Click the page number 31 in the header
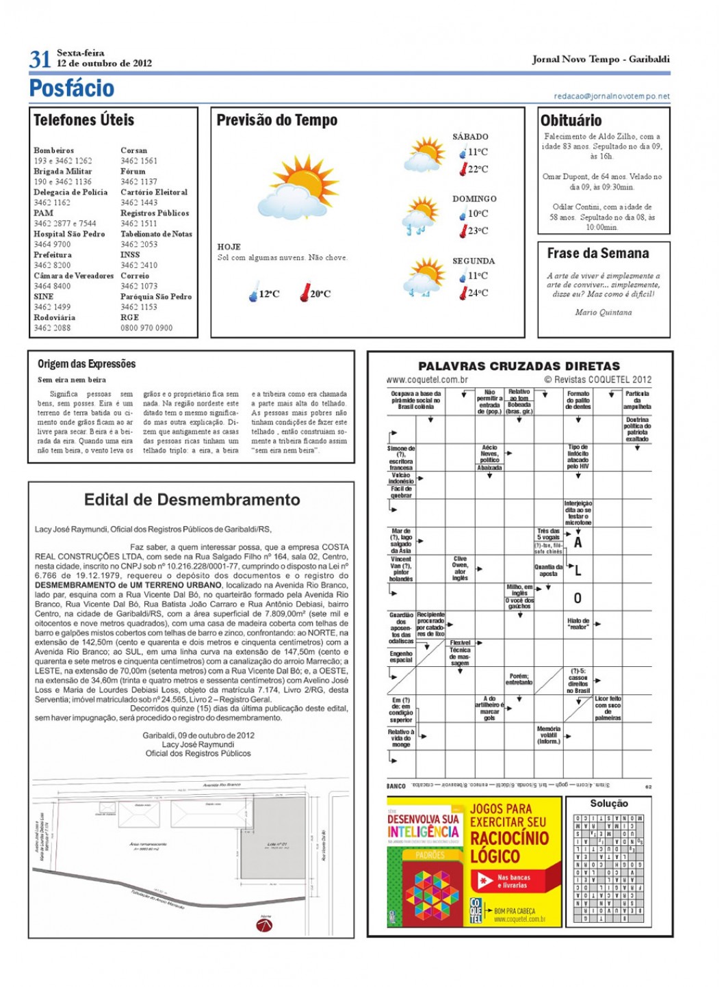(x=40, y=60)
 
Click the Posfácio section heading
(x=72, y=88)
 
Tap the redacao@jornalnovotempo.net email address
(x=612, y=96)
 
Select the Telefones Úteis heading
(x=84, y=120)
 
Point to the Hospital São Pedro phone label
(x=69, y=234)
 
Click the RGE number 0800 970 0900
(x=146, y=328)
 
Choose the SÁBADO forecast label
(x=470, y=137)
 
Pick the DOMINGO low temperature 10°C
(x=477, y=214)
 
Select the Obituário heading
(x=571, y=120)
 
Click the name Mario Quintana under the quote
(x=603, y=313)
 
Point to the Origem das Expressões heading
(x=87, y=364)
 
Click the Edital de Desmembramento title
(x=192, y=500)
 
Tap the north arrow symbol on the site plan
(x=264, y=925)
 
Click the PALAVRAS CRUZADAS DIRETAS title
(x=519, y=367)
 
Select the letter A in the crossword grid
(x=578, y=543)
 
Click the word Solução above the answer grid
(x=608, y=804)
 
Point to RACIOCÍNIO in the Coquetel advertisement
(x=509, y=839)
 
